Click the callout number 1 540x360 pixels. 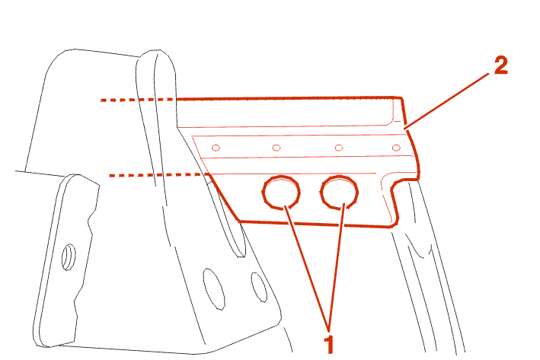coord(329,344)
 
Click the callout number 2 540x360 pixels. coord(500,65)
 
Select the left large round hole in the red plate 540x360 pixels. coord(281,192)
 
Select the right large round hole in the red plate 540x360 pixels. coord(339,192)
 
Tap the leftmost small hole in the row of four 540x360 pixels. coord(216,148)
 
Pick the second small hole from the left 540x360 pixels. coord(276,148)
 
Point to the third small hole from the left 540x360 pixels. coord(339,148)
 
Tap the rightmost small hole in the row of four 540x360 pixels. coord(396,148)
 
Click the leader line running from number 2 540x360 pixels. coord(446,101)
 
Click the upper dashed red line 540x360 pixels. coord(138,100)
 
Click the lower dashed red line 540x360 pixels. coord(158,175)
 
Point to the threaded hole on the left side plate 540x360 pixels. coord(69,256)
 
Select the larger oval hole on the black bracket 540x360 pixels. coord(214,289)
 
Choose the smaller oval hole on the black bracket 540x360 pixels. coord(259,288)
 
